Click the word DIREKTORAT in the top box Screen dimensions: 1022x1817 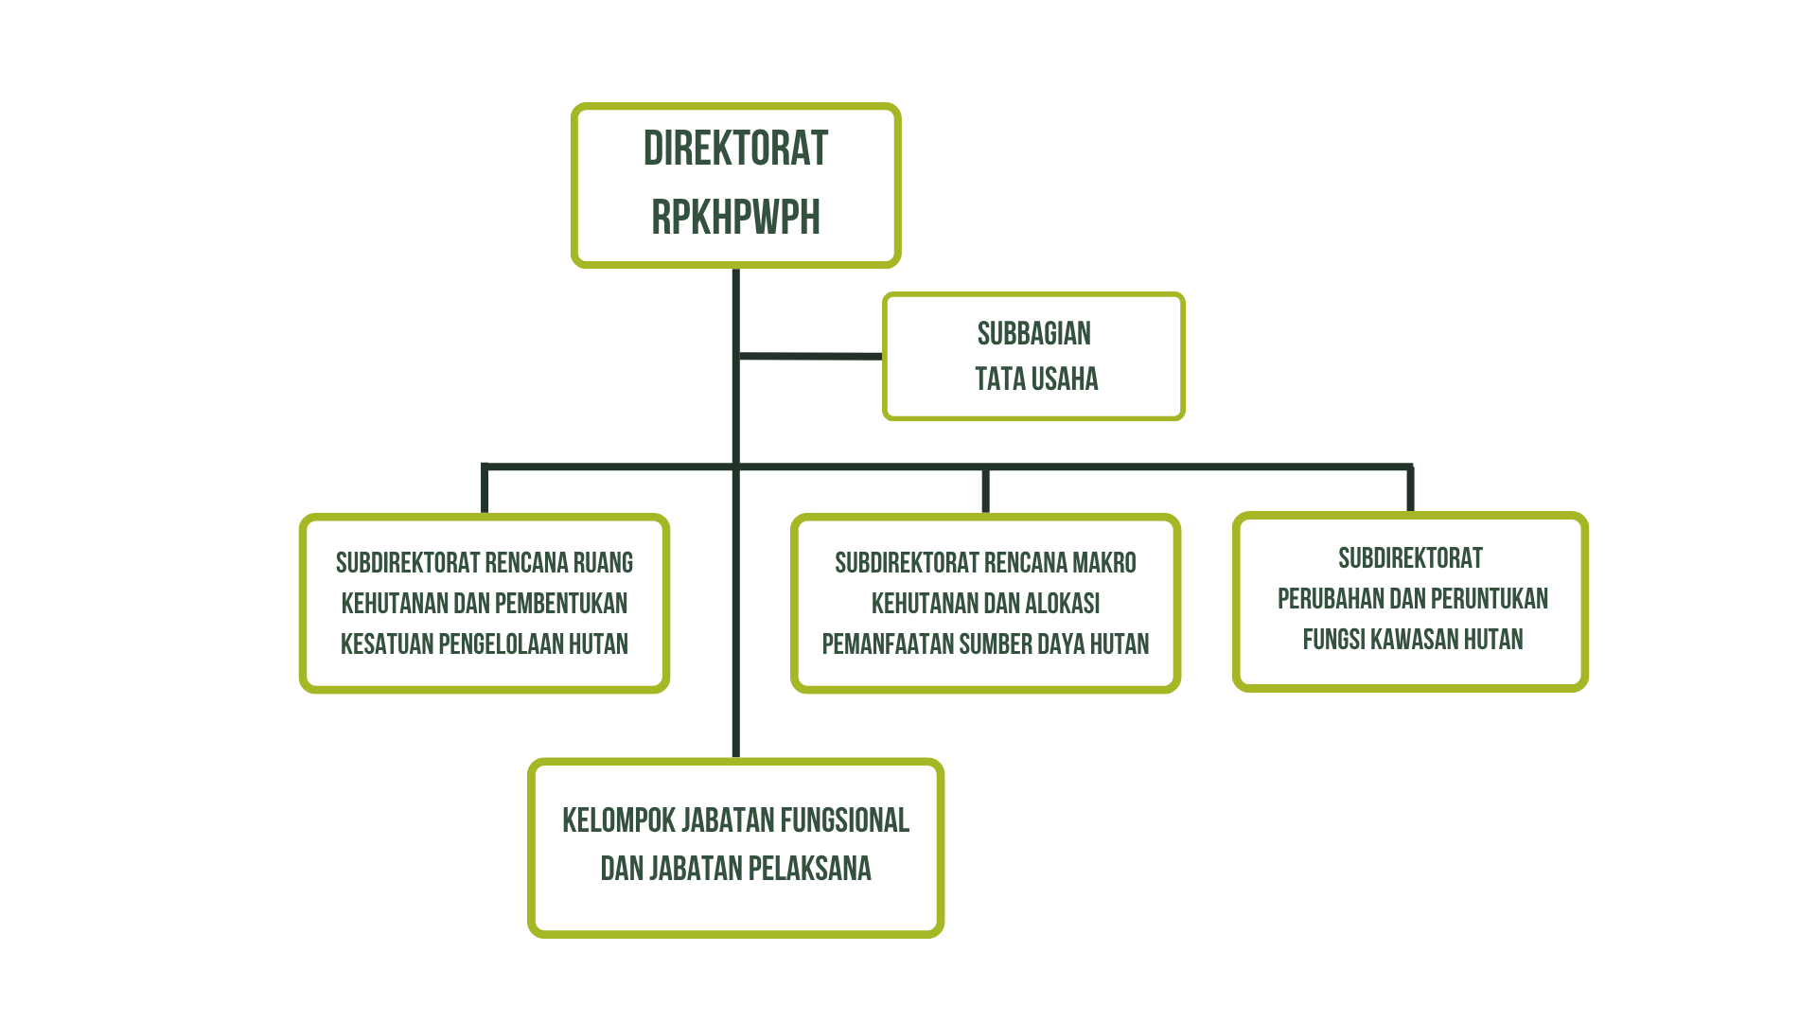735,150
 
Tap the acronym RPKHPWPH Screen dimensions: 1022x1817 735,218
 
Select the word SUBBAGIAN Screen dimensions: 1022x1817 1033,334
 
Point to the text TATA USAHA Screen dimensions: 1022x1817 1036,379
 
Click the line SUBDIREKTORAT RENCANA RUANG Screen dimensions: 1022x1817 485,563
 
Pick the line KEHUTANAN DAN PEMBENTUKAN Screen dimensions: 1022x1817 485,604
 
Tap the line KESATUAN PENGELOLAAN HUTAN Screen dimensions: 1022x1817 485,644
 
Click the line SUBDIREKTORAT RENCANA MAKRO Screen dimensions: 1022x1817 985,563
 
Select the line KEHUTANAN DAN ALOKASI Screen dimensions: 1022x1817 985,604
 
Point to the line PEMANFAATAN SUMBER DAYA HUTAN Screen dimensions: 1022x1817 985,644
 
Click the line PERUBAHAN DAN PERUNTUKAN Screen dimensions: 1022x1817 1413,599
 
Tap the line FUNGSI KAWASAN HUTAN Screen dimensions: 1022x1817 1413,640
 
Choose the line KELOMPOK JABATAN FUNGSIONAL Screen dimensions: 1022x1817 735,820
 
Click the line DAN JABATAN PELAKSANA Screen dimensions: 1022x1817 735,869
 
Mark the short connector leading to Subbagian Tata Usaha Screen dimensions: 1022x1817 810,357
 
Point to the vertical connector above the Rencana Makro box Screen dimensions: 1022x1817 985,489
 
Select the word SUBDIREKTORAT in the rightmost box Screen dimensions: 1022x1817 1410,558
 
